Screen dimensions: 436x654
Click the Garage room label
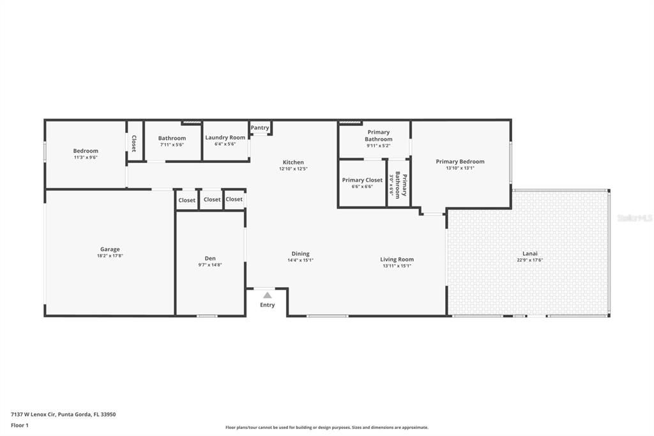pyautogui.click(x=110, y=249)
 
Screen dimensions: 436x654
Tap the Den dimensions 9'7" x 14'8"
pyautogui.click(x=209, y=265)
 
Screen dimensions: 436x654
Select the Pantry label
pyautogui.click(x=260, y=128)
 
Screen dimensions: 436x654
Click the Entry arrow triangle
pyautogui.click(x=267, y=295)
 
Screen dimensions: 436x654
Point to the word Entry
pyautogui.click(x=267, y=305)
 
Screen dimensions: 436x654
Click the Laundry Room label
pyautogui.click(x=225, y=137)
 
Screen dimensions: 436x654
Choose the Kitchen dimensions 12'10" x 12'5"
pyautogui.click(x=293, y=169)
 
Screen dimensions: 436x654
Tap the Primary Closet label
pyautogui.click(x=362, y=180)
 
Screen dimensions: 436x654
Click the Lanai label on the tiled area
pyautogui.click(x=530, y=253)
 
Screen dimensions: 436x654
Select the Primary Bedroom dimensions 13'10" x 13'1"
pyautogui.click(x=460, y=168)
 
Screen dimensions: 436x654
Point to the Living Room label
pyautogui.click(x=397, y=260)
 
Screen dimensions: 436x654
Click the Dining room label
pyautogui.click(x=300, y=254)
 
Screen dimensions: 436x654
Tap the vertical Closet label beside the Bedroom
pyautogui.click(x=134, y=143)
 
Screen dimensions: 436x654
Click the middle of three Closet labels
pyautogui.click(x=212, y=199)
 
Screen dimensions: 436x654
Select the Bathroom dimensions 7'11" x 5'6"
pyautogui.click(x=172, y=145)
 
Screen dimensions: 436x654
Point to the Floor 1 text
pyautogui.click(x=20, y=425)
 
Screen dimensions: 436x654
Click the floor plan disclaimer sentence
pyautogui.click(x=326, y=428)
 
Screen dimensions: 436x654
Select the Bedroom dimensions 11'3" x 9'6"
pyautogui.click(x=86, y=157)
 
